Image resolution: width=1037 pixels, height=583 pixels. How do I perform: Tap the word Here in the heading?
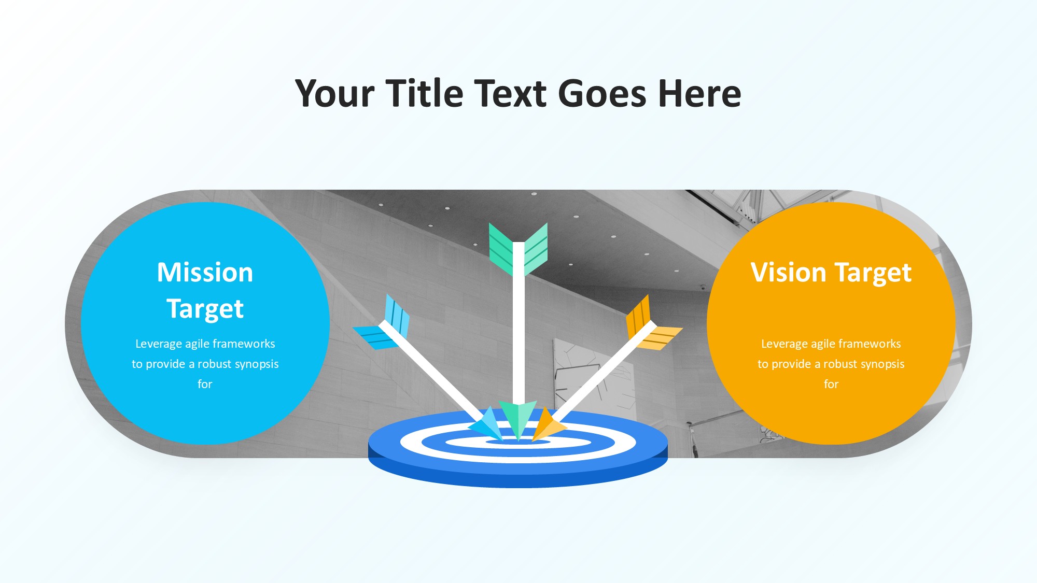(699, 93)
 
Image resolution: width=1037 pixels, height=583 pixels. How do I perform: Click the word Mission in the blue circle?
(205, 273)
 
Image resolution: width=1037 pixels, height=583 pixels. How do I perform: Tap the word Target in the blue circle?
(205, 310)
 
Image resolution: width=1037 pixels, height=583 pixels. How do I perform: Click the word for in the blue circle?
(205, 384)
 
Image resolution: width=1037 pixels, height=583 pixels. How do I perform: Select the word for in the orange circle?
(831, 384)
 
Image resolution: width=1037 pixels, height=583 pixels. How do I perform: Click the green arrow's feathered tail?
(518, 249)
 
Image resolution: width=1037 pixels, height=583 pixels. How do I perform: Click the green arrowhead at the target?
(518, 419)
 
